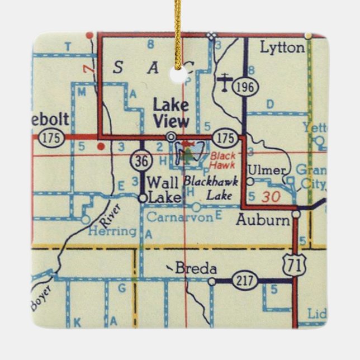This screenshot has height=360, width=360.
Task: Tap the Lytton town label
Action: pyautogui.click(x=282, y=48)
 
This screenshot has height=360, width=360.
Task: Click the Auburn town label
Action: pyautogui.click(x=263, y=220)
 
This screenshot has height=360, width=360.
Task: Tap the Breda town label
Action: pyautogui.click(x=196, y=269)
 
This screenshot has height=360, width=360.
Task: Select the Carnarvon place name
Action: pyautogui.click(x=180, y=218)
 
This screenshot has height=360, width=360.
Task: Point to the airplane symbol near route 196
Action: pyautogui.click(x=225, y=82)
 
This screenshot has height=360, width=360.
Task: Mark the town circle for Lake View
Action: pyautogui.click(x=171, y=136)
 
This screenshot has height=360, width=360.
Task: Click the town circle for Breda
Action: pyautogui.click(x=211, y=282)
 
